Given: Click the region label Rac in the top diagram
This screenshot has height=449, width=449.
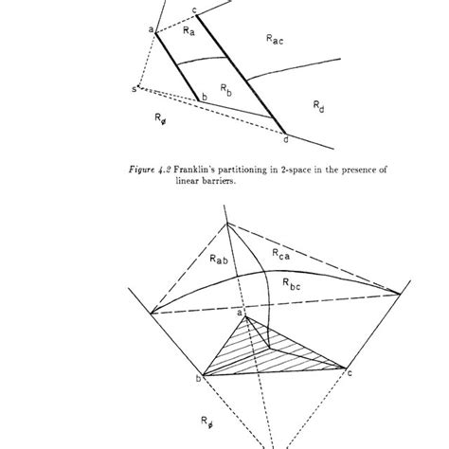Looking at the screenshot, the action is pos(275,40).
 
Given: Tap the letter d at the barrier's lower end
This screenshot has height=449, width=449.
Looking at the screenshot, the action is pos(285,140).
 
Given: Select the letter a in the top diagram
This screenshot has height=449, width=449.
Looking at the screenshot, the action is pos(151,30).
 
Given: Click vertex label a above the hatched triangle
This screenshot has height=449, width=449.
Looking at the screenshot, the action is pos(240,312).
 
